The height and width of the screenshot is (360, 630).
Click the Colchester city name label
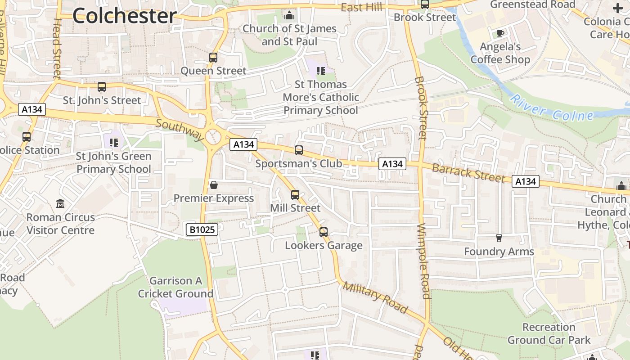[x=124, y=16]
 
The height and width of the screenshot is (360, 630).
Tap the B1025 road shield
[x=202, y=229]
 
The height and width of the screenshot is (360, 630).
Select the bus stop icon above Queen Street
[x=213, y=58]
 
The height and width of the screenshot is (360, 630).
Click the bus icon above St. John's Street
[x=102, y=87]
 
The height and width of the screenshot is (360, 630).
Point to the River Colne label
[x=552, y=108]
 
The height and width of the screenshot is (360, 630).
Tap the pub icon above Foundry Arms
[x=499, y=238]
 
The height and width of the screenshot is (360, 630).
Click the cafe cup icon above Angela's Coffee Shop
[x=500, y=33]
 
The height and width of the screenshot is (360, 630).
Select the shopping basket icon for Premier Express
[x=214, y=185]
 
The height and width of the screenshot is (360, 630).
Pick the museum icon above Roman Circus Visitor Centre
[x=60, y=204]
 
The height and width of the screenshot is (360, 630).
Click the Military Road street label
[x=375, y=297]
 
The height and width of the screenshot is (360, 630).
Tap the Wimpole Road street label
[x=424, y=261]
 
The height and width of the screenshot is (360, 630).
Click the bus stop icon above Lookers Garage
[x=324, y=232]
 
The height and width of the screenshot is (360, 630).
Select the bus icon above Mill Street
[x=295, y=195]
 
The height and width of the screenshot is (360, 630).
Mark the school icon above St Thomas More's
[x=321, y=71]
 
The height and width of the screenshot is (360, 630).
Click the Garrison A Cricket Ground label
[x=175, y=287]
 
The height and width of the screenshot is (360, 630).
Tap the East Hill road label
[x=361, y=8]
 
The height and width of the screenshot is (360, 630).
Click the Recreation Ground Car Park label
[x=549, y=333]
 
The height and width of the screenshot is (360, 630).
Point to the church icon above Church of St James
[x=289, y=16]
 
